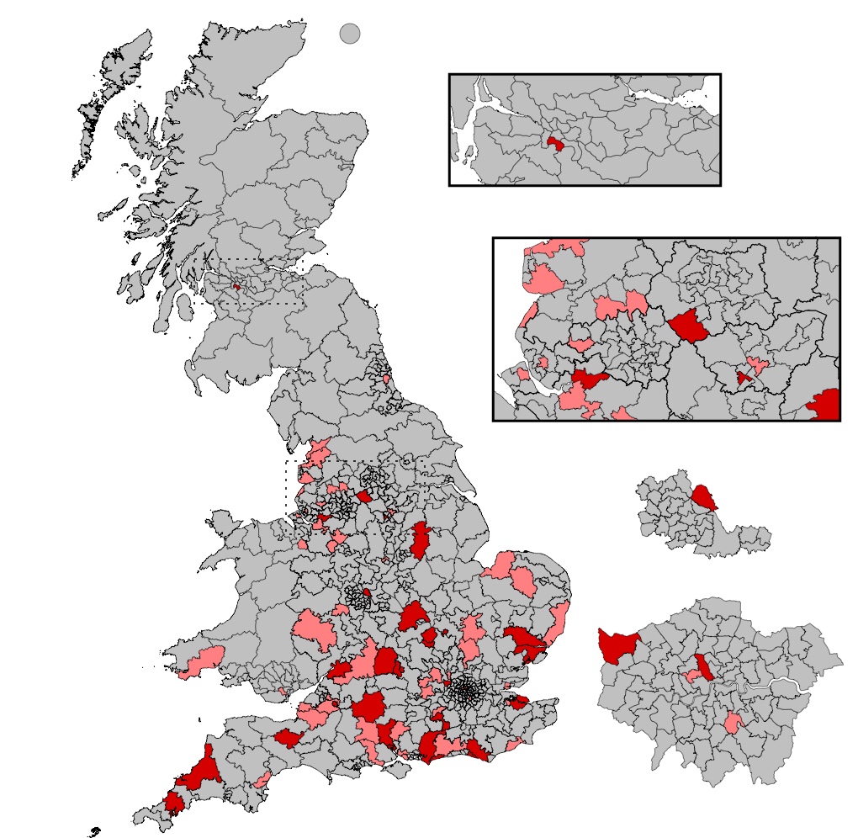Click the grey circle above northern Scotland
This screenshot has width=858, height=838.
click(350, 34)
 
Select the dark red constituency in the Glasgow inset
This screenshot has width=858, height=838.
click(554, 145)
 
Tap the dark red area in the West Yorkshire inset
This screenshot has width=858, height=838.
click(706, 499)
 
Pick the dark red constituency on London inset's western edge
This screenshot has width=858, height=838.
click(616, 646)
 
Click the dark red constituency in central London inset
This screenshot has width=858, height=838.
click(704, 667)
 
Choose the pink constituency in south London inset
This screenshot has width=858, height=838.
click(734, 722)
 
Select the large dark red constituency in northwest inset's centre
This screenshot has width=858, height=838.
click(689, 326)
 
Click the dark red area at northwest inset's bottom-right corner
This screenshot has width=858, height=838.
click(827, 405)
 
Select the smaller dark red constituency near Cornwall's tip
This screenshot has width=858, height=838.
click(175, 802)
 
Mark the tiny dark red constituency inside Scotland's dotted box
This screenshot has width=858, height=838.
click(236, 287)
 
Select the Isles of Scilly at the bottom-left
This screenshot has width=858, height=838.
click(93, 832)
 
